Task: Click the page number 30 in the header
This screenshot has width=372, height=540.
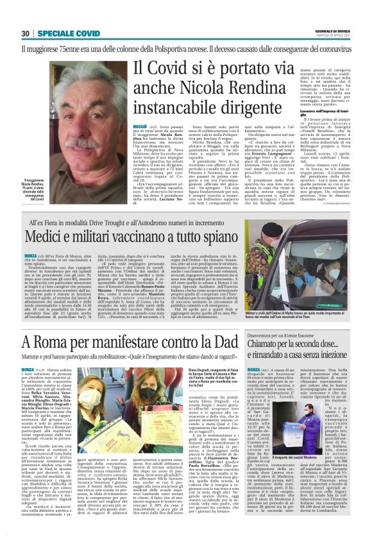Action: tap(26, 33)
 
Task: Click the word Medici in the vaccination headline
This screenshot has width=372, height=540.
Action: tap(49, 237)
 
